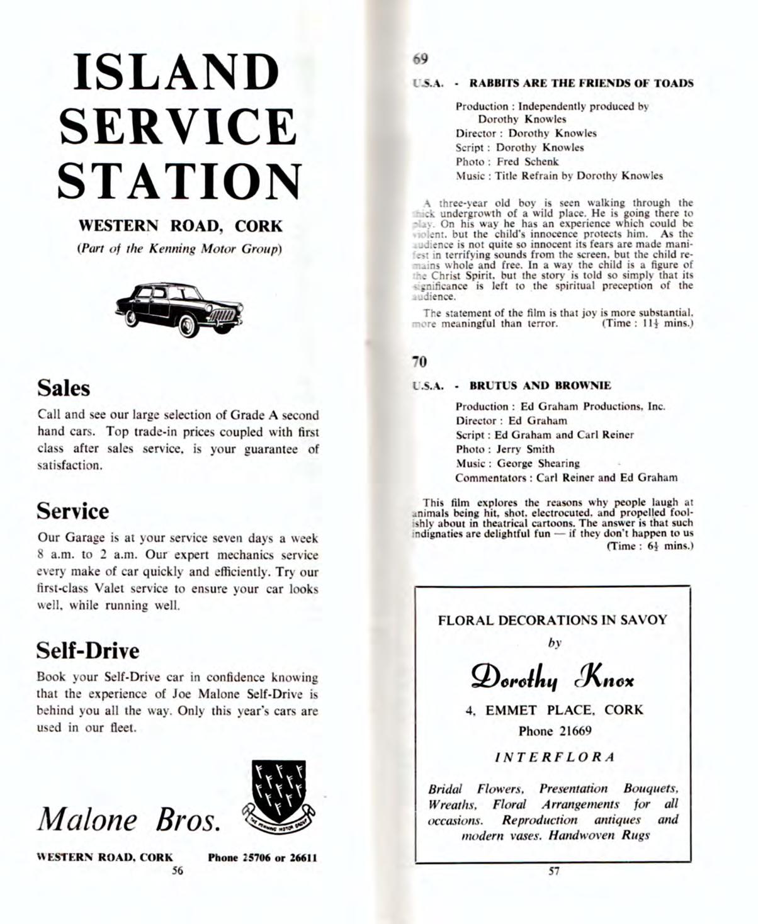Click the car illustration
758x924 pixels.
[179, 308]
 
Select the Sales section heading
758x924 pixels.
[64, 388]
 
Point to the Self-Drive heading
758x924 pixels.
[88, 650]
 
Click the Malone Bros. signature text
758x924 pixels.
[129, 819]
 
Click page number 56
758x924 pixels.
[178, 870]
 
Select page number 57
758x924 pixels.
[554, 872]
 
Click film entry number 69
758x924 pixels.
[421, 59]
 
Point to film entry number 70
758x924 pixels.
[419, 362]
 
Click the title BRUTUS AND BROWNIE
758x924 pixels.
[540, 385]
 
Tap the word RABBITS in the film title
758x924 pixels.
[494, 83]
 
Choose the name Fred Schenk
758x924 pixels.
[528, 162]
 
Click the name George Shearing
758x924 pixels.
[538, 463]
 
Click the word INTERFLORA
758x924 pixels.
[554, 757]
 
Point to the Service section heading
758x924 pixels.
[72, 511]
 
